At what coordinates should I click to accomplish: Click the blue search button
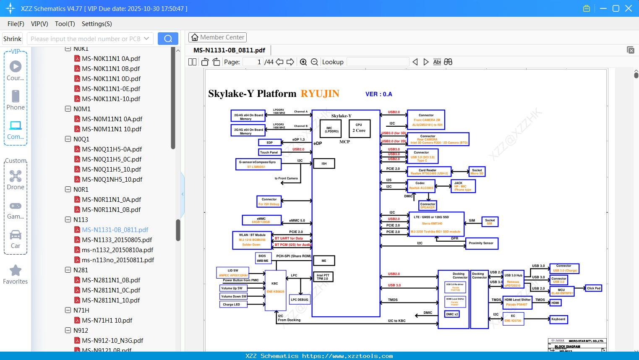(x=168, y=39)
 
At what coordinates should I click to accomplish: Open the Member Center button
(x=217, y=37)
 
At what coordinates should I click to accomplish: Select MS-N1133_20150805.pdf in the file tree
(x=117, y=240)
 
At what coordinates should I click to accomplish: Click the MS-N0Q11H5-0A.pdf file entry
(x=112, y=149)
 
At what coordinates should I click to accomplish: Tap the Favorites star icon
(x=16, y=271)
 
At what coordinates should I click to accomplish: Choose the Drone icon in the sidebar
(x=16, y=176)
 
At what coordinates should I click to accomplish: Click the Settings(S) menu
(x=97, y=24)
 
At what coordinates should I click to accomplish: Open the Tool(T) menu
(x=65, y=24)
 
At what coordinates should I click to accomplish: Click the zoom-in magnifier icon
(x=303, y=62)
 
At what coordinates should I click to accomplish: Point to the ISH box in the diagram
(x=324, y=164)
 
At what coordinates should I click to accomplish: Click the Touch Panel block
(x=269, y=152)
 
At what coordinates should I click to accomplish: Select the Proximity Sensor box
(x=481, y=243)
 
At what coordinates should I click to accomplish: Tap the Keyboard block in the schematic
(x=558, y=319)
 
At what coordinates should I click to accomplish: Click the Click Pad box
(x=594, y=288)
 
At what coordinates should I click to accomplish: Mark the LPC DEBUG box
(x=300, y=300)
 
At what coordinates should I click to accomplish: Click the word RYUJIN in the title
(x=320, y=94)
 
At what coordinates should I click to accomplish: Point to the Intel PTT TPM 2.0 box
(x=323, y=277)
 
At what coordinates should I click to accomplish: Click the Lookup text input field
(x=378, y=62)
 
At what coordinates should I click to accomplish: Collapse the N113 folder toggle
(x=68, y=219)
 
